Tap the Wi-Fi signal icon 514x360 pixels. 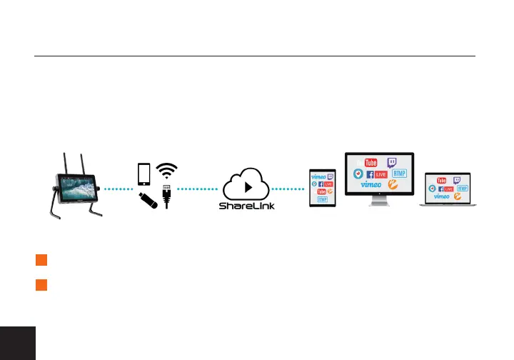point(166,172)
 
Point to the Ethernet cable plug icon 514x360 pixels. point(166,196)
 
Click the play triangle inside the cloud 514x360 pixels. point(247,188)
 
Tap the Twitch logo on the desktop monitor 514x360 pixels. point(393,164)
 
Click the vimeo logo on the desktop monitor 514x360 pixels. point(372,184)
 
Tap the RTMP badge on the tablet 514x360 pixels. point(323,199)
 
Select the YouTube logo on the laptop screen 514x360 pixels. point(442,180)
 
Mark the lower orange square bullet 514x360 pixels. point(41,285)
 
